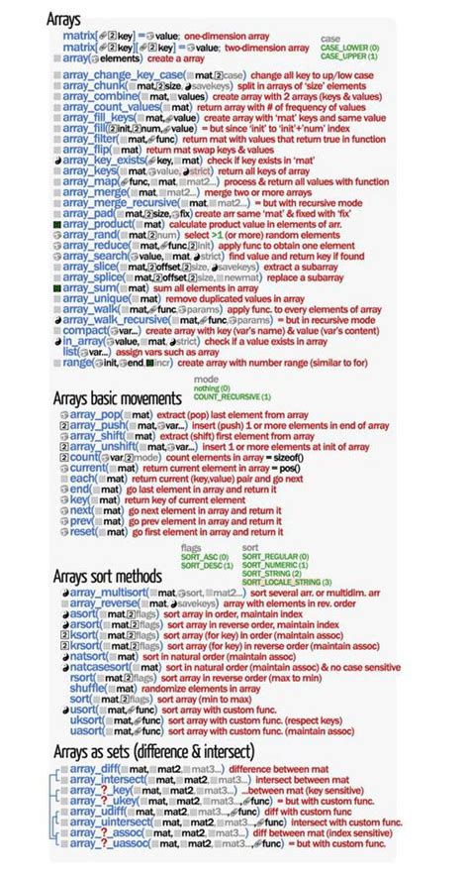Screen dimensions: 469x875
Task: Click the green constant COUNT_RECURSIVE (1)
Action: pos(232,396)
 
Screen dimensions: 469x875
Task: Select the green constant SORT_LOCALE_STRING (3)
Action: pos(287,581)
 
